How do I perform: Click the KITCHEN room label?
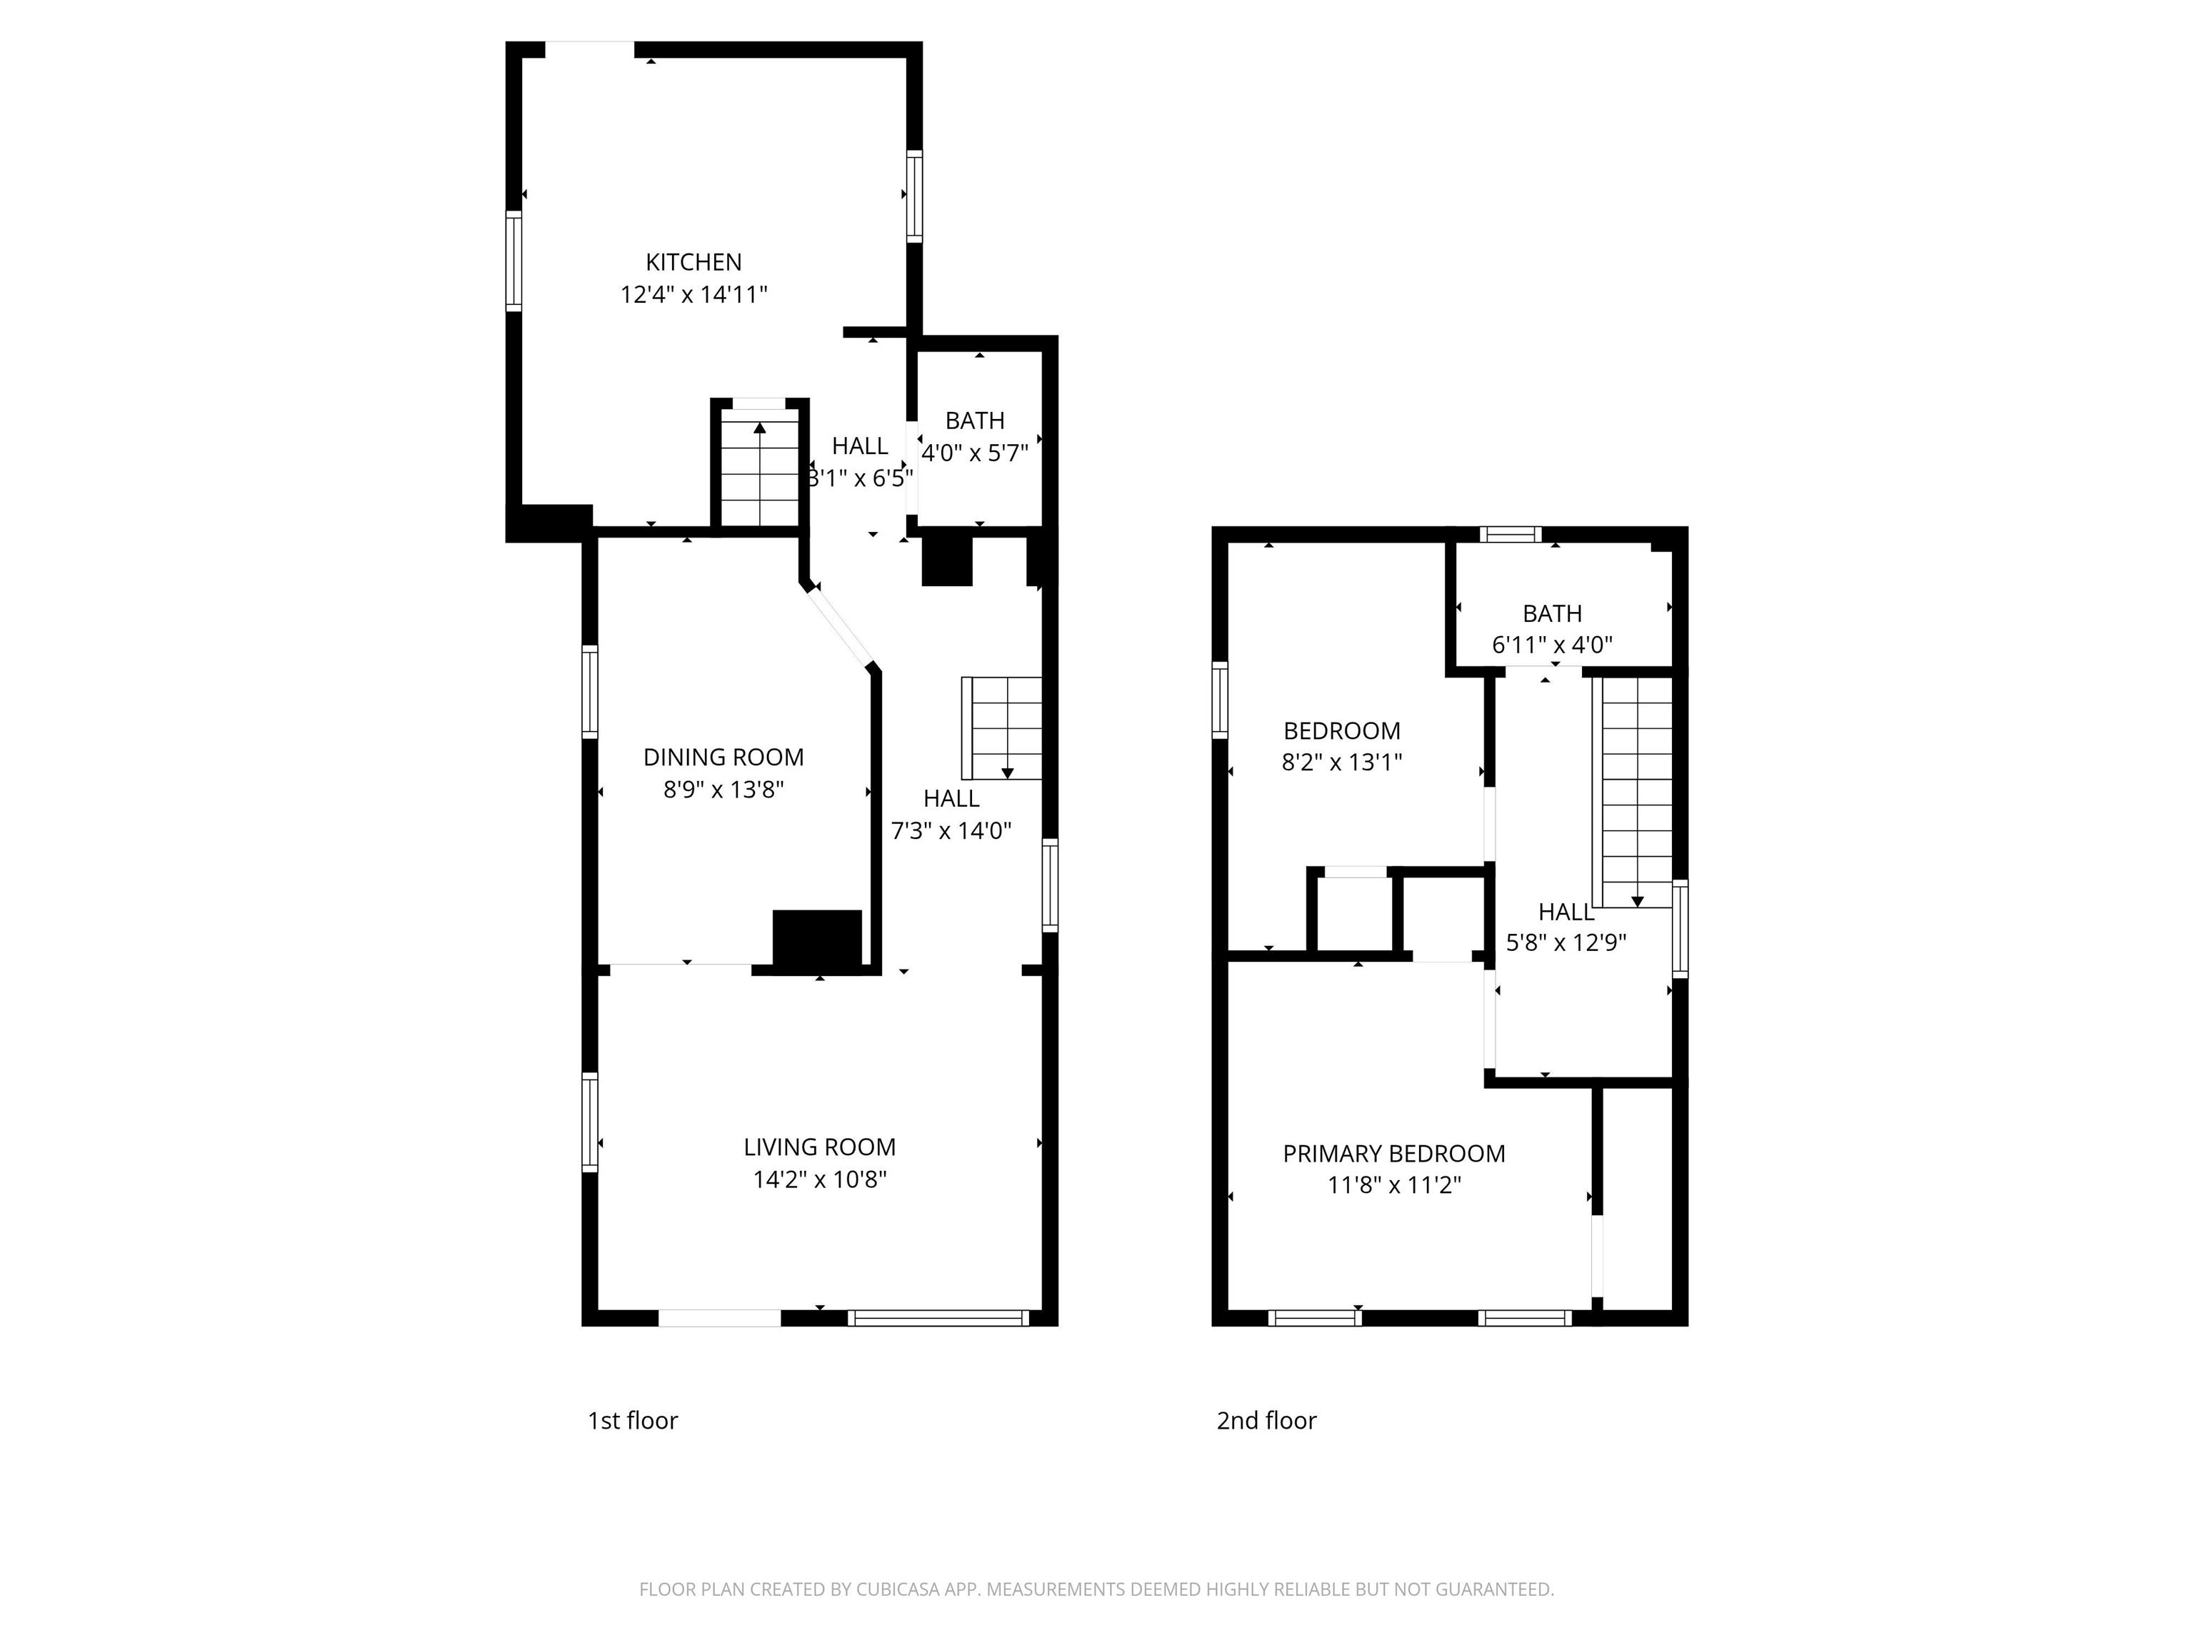pos(693,262)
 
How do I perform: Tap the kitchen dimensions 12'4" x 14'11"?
pos(693,294)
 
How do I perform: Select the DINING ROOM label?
pos(723,758)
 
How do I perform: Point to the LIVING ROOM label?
pos(819,1147)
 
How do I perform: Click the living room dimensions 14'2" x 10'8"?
pos(819,1179)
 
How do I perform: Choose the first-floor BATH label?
pos(975,421)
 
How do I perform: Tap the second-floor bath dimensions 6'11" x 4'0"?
pos(1552,645)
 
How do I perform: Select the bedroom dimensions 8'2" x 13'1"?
pos(1342,763)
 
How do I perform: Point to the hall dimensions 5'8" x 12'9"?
pos(1566,943)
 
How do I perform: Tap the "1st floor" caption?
pos(633,1421)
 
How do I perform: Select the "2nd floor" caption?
pos(1266,1421)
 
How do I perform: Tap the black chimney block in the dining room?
pos(817,938)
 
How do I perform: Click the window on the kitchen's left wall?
pos(514,261)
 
